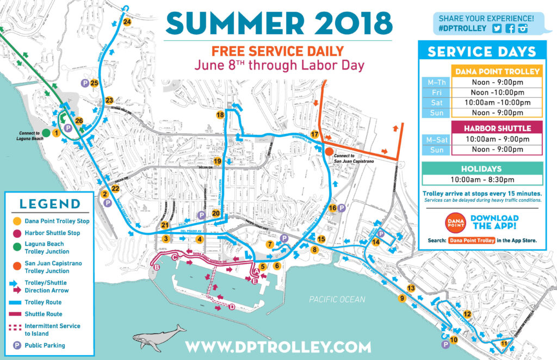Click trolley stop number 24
(x=127, y=22)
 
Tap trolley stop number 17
(x=314, y=134)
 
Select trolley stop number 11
(x=504, y=344)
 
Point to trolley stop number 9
(x=403, y=298)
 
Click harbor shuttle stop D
(x=232, y=307)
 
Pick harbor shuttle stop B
(x=157, y=268)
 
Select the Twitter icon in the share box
(x=496, y=29)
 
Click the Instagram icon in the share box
(x=523, y=29)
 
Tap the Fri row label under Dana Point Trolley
(x=436, y=92)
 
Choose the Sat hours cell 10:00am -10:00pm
(x=497, y=103)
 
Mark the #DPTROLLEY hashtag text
(x=462, y=29)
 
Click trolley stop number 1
(x=55, y=133)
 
